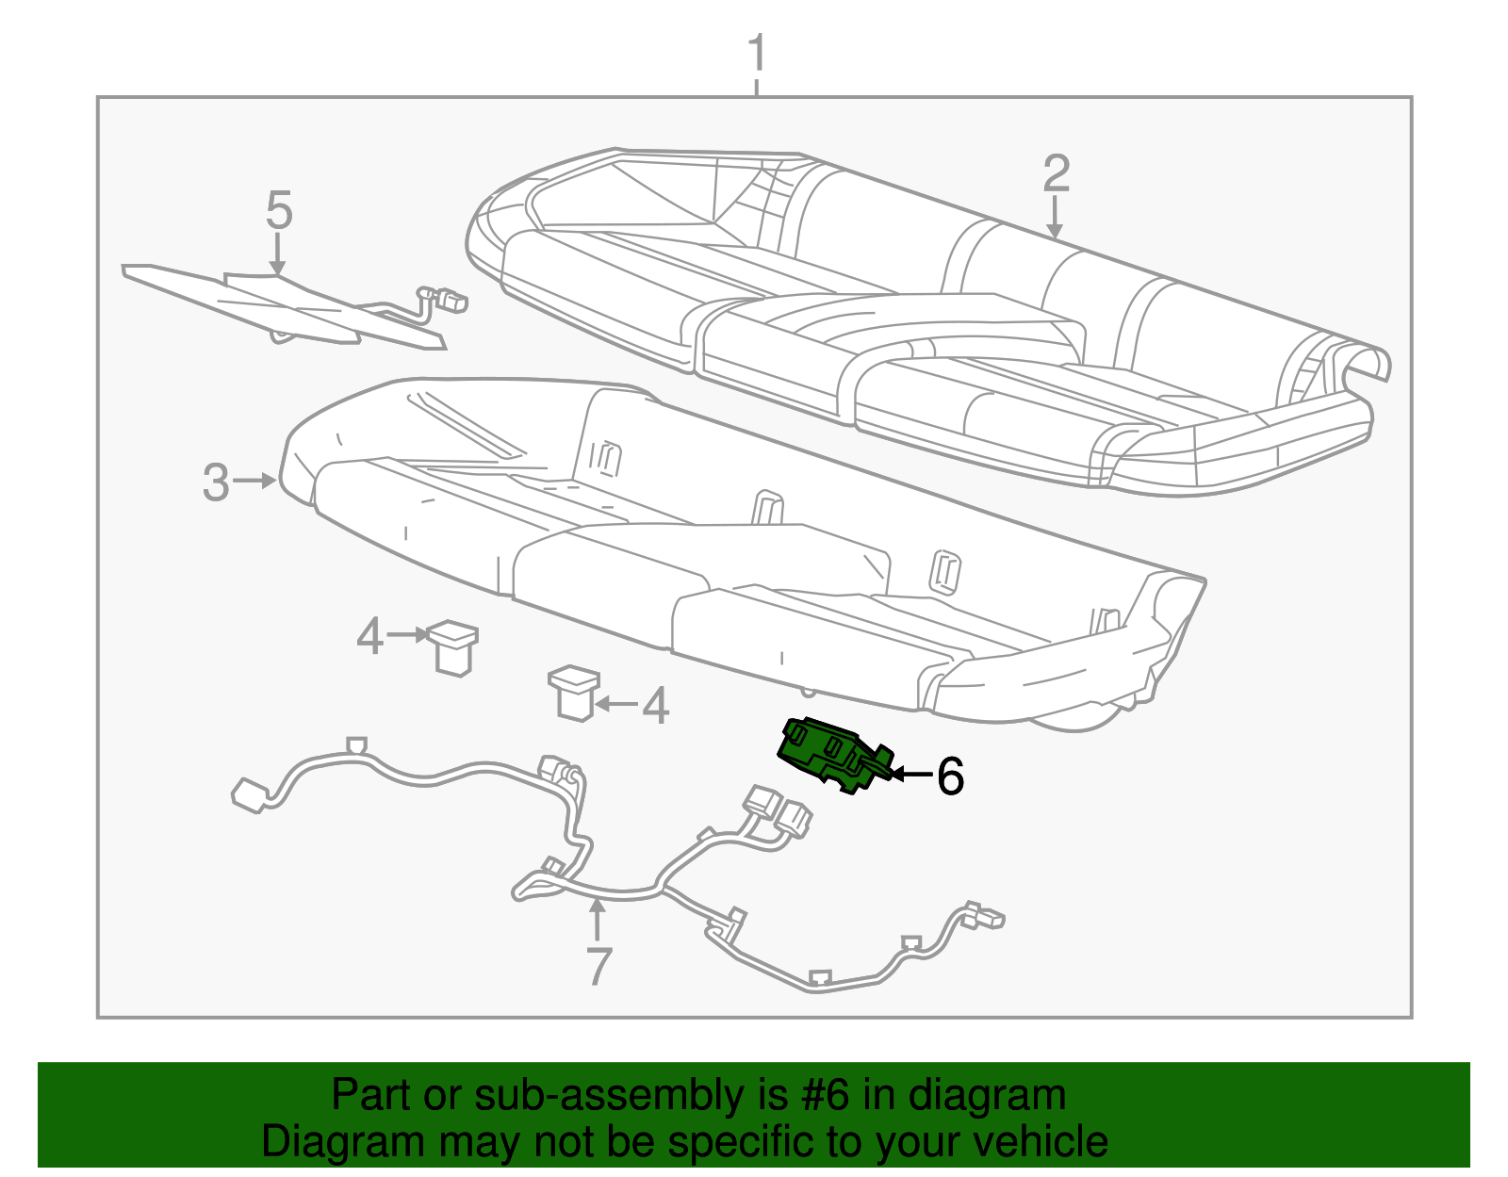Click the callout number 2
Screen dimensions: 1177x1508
[1057, 175]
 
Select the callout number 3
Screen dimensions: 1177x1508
[216, 482]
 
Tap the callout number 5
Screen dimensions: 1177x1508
[278, 210]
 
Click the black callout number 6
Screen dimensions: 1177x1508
[950, 776]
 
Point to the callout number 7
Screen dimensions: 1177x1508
[598, 966]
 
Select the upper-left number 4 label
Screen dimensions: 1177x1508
[369, 637]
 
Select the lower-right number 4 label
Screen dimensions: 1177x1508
[655, 706]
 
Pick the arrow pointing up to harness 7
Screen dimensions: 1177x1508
[597, 919]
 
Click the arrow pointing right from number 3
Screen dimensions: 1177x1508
[254, 482]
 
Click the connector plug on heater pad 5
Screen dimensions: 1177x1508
[454, 302]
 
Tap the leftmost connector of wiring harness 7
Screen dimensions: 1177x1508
[249, 794]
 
